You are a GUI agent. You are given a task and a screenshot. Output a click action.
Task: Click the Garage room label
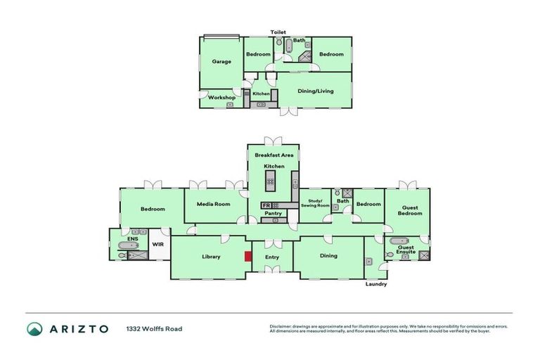pyautogui.click(x=221, y=62)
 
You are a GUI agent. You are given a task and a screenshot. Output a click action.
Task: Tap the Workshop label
pyautogui.click(x=221, y=97)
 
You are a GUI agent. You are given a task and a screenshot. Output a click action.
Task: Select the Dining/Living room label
pyautogui.click(x=316, y=91)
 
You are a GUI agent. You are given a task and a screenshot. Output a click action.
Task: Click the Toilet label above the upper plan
pyautogui.click(x=279, y=32)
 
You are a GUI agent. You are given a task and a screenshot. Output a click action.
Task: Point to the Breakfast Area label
pyautogui.click(x=274, y=155)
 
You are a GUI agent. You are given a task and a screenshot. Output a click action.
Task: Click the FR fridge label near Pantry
pyautogui.click(x=265, y=205)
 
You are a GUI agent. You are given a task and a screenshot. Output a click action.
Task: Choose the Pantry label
pyautogui.click(x=274, y=213)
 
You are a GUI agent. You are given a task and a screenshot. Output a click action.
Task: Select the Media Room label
pyautogui.click(x=213, y=205)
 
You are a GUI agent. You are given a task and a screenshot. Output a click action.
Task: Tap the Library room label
pyautogui.click(x=211, y=257)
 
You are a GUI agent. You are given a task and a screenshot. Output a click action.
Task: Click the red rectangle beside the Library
pyautogui.click(x=247, y=257)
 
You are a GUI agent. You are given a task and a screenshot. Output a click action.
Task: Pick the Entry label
pyautogui.click(x=271, y=257)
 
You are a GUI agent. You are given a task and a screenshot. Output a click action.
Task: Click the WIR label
pyautogui.click(x=158, y=244)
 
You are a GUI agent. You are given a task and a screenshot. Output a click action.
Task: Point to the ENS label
pyautogui.click(x=134, y=239)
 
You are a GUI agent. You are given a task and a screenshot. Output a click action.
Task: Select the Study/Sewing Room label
pyautogui.click(x=314, y=204)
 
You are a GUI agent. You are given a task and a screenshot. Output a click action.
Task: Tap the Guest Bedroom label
pyautogui.click(x=410, y=210)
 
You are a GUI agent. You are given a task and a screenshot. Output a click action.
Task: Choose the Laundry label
pyautogui.click(x=376, y=284)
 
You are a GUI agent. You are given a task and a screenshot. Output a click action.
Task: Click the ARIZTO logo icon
pyautogui.click(x=34, y=328)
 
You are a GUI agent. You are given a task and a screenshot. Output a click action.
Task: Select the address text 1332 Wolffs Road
pyautogui.click(x=154, y=328)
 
